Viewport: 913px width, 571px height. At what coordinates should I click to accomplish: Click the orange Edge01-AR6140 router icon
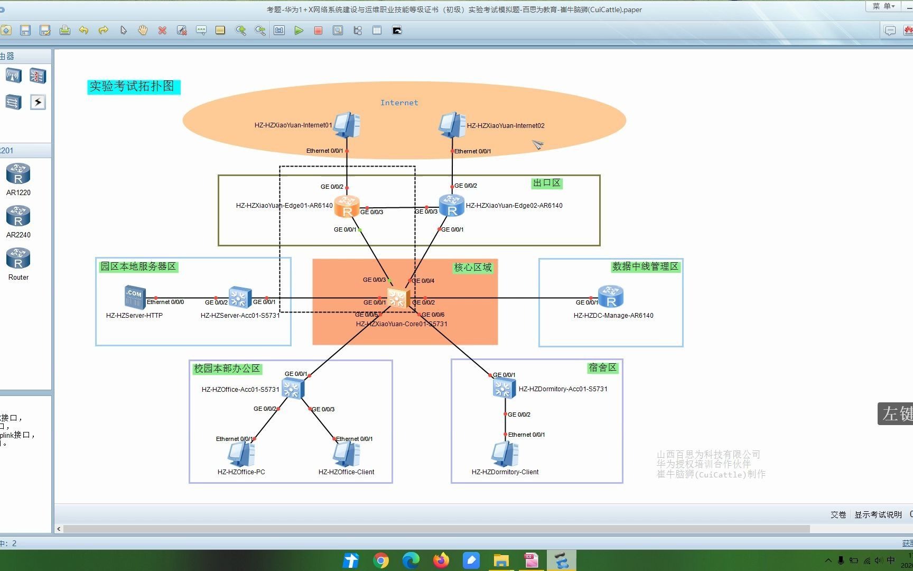[347, 206]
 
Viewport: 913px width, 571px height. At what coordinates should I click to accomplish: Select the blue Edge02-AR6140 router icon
[452, 206]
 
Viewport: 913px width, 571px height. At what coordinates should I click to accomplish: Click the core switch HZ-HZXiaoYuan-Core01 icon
[398, 299]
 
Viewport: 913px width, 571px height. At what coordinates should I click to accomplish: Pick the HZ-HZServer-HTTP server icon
[134, 297]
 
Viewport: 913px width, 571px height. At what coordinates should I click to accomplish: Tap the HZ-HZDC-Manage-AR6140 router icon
[611, 297]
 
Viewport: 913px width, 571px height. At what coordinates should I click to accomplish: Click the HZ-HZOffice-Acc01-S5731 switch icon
[292, 389]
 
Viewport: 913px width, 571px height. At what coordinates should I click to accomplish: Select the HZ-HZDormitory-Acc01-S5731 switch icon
[504, 389]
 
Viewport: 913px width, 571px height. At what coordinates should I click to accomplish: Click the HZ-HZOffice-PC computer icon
[241, 454]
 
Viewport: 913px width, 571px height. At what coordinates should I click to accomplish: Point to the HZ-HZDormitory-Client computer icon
[505, 454]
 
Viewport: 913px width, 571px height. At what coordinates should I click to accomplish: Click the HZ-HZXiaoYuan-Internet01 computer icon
[347, 125]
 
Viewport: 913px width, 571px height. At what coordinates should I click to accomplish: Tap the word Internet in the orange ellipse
[399, 103]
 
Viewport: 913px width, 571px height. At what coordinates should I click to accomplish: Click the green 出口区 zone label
[546, 183]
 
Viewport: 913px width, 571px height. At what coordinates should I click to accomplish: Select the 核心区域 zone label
[472, 268]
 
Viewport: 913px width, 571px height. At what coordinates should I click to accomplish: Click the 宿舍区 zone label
[602, 367]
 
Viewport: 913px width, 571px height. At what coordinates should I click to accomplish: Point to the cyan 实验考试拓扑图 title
[133, 86]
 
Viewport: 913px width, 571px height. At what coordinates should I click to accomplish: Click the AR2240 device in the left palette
[18, 216]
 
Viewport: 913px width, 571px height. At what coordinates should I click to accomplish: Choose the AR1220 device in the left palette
[18, 174]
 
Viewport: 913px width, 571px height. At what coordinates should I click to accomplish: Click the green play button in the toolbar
[299, 31]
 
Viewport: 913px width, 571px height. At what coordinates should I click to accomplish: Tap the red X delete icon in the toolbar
[162, 31]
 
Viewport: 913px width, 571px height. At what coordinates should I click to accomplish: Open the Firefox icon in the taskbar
[441, 560]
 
